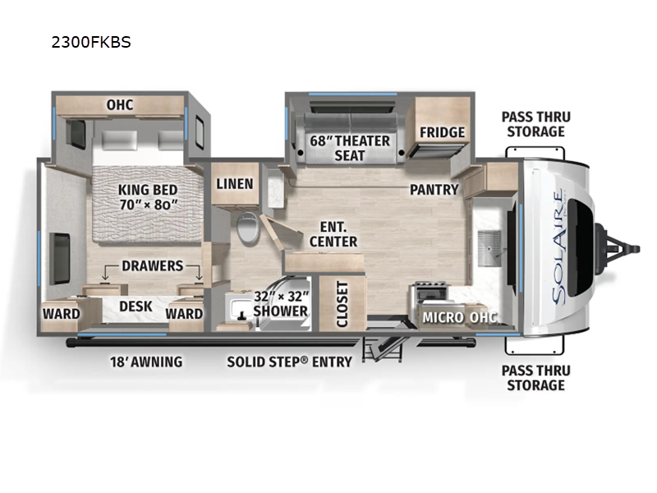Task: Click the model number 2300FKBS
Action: pos(91,42)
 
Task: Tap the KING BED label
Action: pos(148,190)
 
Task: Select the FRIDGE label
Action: pos(442,132)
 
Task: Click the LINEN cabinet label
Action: pos(235,183)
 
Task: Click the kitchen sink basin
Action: pos(489,248)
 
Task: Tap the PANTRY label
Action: pos(434,190)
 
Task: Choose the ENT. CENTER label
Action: pos(333,234)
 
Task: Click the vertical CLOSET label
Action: pos(342,304)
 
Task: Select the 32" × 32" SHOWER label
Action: pos(281,304)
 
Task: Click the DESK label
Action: pos(136,306)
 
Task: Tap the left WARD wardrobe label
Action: pos(61,314)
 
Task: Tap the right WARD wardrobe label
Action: pos(184,314)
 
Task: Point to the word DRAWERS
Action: pos(153,265)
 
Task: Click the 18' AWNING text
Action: pos(146,362)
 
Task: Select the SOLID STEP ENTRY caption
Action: pos(290,362)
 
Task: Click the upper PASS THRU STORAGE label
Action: pos(536,124)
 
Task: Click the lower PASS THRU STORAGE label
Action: pos(536,378)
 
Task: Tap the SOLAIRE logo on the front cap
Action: pos(558,248)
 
